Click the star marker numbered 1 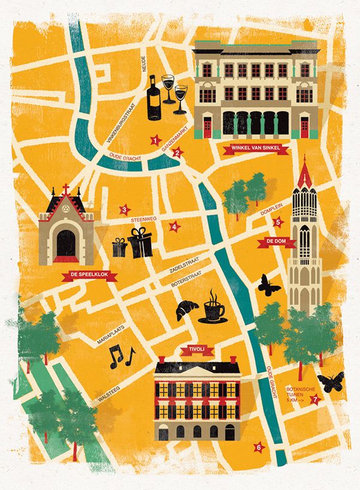(155, 141)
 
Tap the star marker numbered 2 (176, 153)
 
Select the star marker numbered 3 (124, 210)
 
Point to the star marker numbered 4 (174, 226)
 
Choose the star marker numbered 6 (259, 447)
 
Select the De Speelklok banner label (88, 276)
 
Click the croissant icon (186, 309)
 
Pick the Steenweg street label (143, 220)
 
